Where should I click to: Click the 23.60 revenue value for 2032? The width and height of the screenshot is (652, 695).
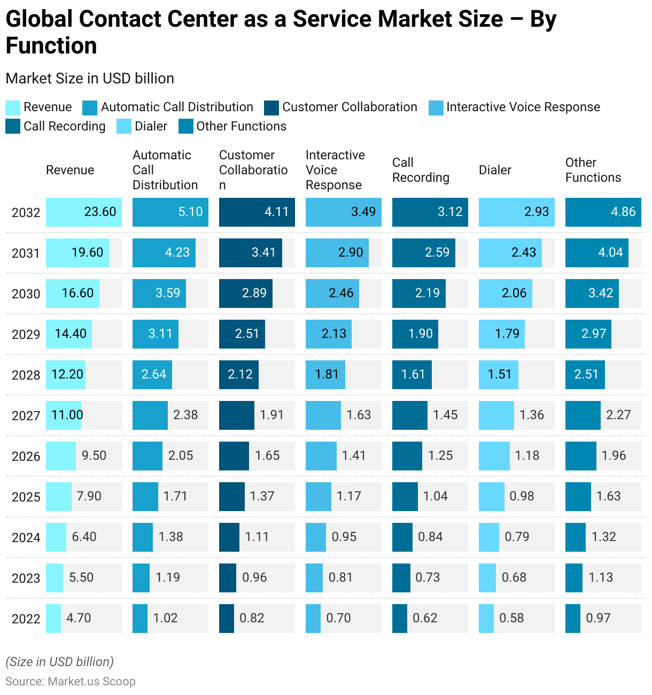pyautogui.click(x=100, y=212)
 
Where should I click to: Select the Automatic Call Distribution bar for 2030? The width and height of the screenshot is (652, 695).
pyautogui.click(x=159, y=294)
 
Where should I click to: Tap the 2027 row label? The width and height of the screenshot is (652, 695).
pyautogui.click(x=26, y=416)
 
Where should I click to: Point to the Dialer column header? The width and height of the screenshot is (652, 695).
pyautogui.click(x=495, y=170)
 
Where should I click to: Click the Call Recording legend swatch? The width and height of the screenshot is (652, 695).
pyautogui.click(x=13, y=127)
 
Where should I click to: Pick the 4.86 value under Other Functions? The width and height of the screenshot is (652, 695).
pyautogui.click(x=623, y=212)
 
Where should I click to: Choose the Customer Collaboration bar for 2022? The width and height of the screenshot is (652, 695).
pyautogui.click(x=227, y=619)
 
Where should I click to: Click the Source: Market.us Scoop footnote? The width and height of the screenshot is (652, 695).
pyautogui.click(x=71, y=682)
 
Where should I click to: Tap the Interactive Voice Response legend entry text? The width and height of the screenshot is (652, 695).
pyautogui.click(x=523, y=107)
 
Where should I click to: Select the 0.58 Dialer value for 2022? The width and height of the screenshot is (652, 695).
pyautogui.click(x=511, y=619)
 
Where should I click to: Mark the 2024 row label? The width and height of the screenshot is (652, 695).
pyautogui.click(x=26, y=538)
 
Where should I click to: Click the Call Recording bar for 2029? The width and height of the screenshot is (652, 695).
pyautogui.click(x=415, y=334)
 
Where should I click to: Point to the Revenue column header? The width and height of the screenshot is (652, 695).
pyautogui.click(x=70, y=170)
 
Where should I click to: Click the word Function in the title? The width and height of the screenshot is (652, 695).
pyautogui.click(x=51, y=46)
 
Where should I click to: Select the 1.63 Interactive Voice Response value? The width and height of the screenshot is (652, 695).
pyautogui.click(x=359, y=415)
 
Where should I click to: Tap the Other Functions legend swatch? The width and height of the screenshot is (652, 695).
pyautogui.click(x=185, y=127)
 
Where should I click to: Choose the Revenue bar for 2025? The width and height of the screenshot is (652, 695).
pyautogui.click(x=58, y=497)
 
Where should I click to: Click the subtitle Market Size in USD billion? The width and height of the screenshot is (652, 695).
pyautogui.click(x=90, y=79)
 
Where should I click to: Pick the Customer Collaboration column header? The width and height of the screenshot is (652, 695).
pyautogui.click(x=253, y=170)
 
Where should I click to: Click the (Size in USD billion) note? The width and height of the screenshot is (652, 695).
pyautogui.click(x=59, y=662)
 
